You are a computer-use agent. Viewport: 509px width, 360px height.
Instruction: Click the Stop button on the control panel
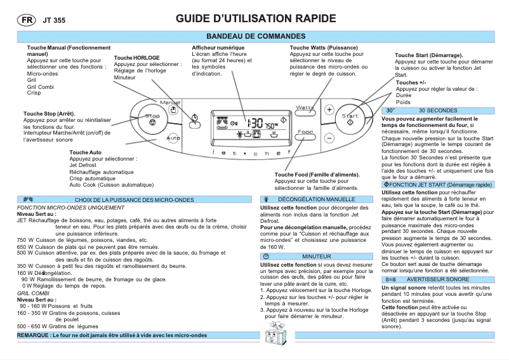[152, 118]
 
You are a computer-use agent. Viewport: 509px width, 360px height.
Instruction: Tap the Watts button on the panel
[305, 109]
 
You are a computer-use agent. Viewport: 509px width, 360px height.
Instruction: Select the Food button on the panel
[305, 133]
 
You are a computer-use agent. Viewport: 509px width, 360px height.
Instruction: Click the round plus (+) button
[329, 109]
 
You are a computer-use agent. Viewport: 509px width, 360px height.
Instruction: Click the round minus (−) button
[329, 137]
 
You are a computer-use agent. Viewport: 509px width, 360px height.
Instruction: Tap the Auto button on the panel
[173, 138]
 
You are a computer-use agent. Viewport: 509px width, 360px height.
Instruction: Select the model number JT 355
[54, 20]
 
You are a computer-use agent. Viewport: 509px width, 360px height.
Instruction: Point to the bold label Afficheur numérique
[218, 48]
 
